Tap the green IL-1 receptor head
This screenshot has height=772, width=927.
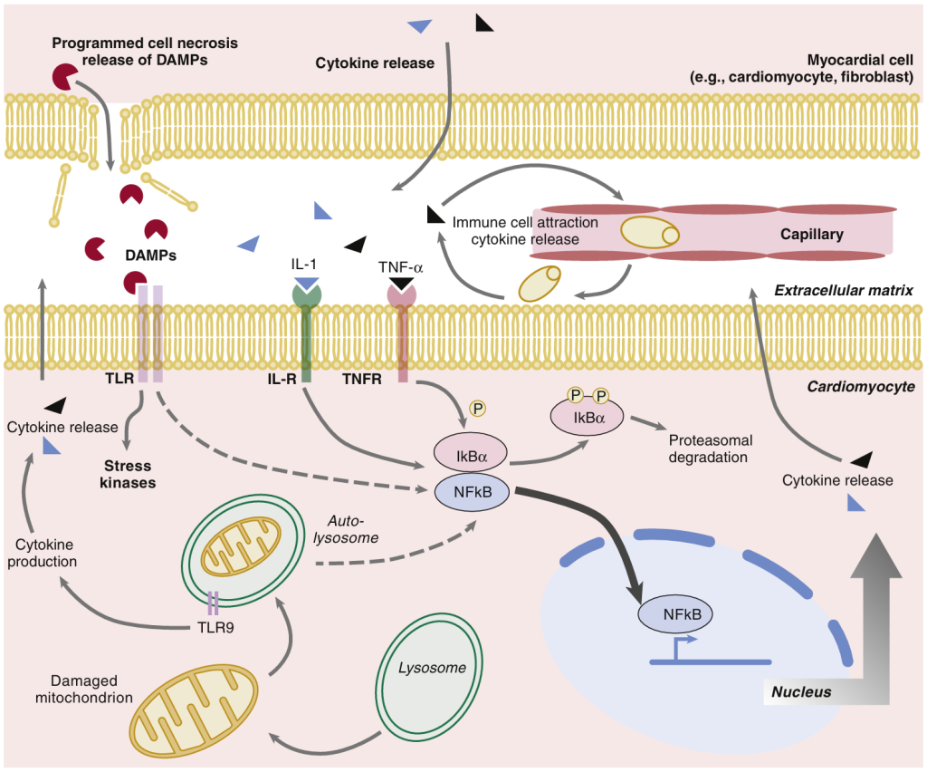(307, 295)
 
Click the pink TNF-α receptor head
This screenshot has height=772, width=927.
(401, 294)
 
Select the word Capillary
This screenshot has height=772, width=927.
(811, 235)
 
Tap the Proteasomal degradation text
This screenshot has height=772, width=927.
(711, 449)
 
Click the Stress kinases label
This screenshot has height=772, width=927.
(128, 475)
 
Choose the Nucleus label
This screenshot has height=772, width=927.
(801, 693)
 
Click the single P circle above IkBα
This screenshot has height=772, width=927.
(477, 410)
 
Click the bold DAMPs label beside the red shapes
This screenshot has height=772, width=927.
(150, 256)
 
